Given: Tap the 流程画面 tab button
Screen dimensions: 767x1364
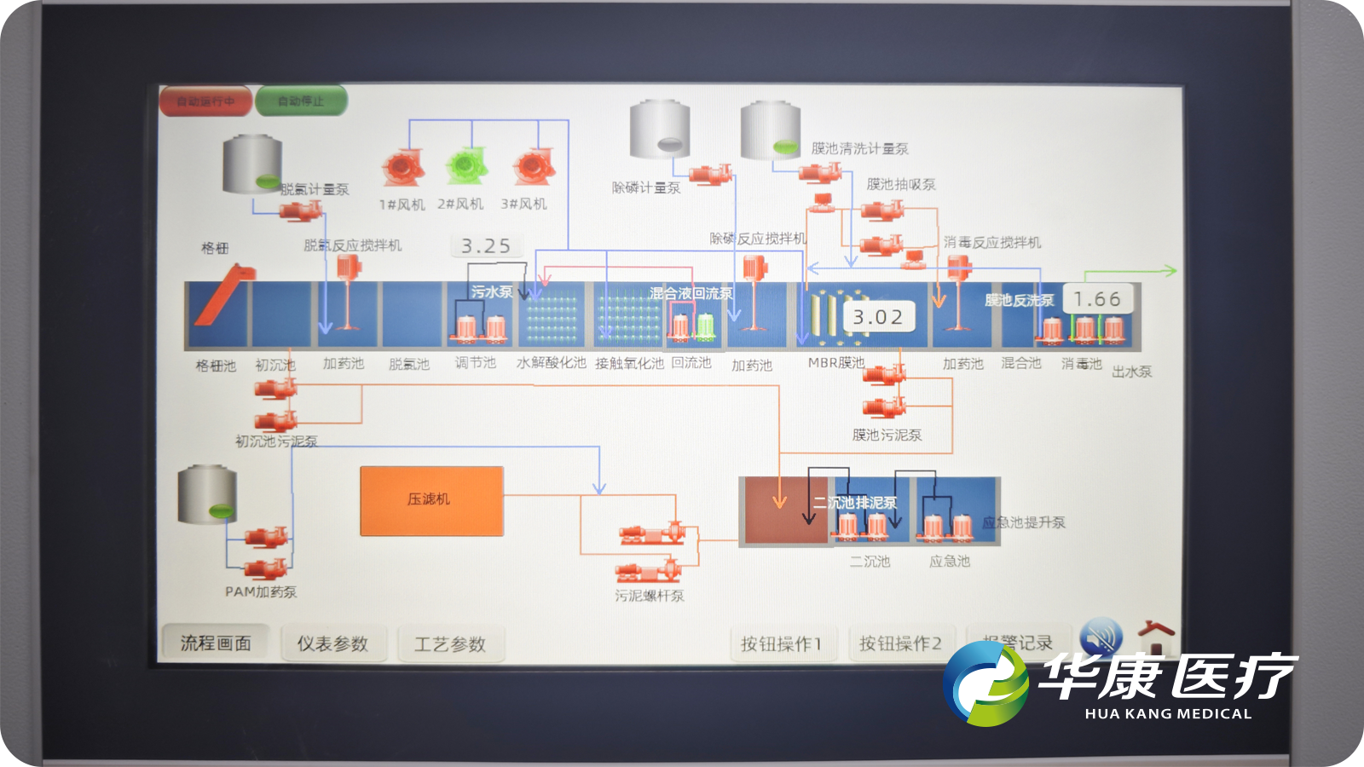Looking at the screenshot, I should (x=216, y=643).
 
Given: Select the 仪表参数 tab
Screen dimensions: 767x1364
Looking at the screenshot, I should (x=332, y=644).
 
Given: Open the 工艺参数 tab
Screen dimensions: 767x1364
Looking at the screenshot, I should (x=450, y=644).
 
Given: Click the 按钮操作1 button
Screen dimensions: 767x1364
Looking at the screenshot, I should (x=781, y=644).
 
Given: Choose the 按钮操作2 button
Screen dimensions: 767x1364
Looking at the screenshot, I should (x=900, y=644).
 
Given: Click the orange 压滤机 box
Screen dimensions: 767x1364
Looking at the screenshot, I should (x=431, y=501).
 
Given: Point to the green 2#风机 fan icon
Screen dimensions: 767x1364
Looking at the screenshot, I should (x=465, y=165).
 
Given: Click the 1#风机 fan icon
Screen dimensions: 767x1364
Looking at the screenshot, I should (x=402, y=167).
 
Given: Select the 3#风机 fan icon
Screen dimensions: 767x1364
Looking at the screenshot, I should (x=534, y=166).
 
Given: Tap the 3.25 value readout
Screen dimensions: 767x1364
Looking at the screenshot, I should (x=486, y=246).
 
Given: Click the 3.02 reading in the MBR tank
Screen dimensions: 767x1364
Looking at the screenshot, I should (x=878, y=317).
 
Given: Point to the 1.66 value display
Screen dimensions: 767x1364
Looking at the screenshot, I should (x=1097, y=299).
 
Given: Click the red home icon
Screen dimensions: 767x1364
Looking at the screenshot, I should (x=1156, y=637).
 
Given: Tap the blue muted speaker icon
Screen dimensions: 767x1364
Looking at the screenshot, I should (x=1101, y=637).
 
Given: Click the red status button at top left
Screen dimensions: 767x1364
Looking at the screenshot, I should (x=205, y=101).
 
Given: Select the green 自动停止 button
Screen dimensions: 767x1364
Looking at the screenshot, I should (x=301, y=101).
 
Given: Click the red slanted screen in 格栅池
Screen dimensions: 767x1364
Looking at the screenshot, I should (x=223, y=294).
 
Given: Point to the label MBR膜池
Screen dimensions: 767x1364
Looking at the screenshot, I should (x=835, y=363).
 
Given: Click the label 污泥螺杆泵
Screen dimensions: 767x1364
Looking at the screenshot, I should (x=650, y=596).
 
